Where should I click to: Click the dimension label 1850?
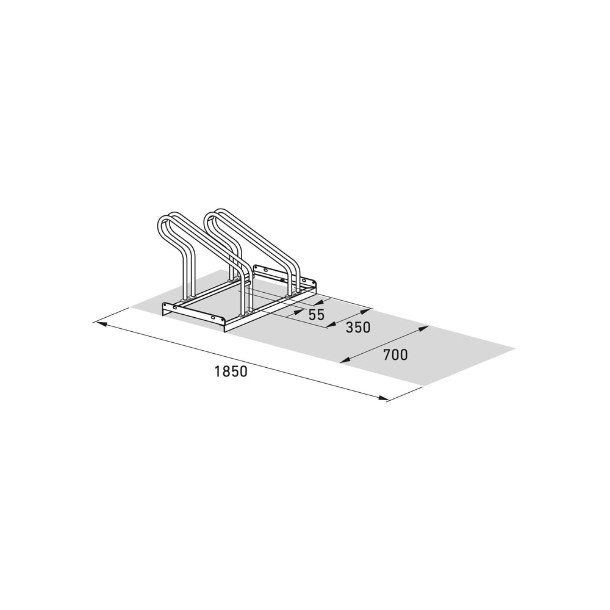(x=231, y=371)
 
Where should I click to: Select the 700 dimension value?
(x=395, y=355)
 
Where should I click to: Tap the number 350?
(x=358, y=328)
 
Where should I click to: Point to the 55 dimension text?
(x=316, y=314)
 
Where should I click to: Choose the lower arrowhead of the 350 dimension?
(x=331, y=325)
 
